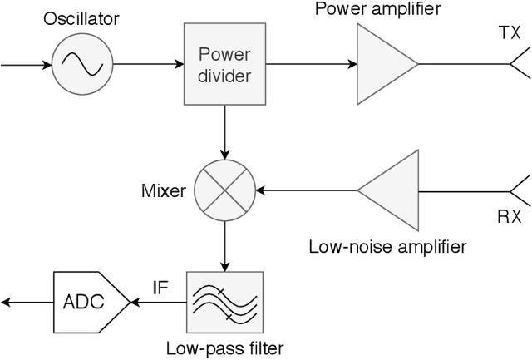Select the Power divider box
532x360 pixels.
tap(224, 62)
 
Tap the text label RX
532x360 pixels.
tap(510, 218)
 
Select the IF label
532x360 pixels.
tap(161, 289)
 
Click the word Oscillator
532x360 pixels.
tap(82, 17)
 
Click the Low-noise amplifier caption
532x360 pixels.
tap(387, 246)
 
